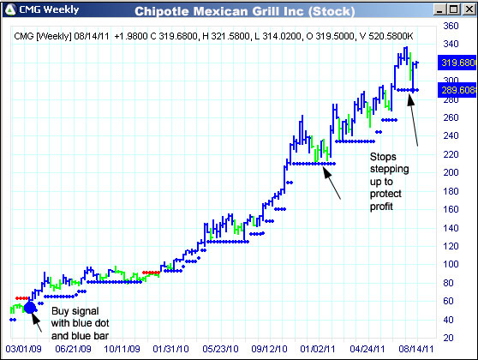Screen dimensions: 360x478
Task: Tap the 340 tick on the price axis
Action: click(451, 26)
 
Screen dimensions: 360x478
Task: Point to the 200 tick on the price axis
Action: click(451, 171)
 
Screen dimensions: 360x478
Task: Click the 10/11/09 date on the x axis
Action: click(122, 350)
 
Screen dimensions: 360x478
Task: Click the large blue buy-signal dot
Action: click(30, 308)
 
